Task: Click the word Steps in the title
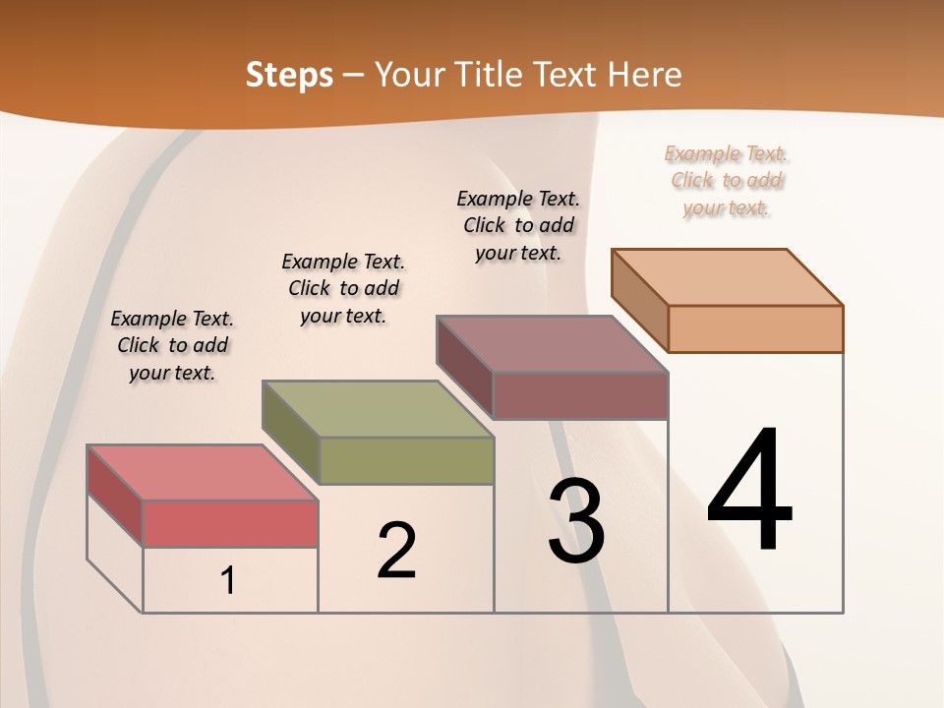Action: pos(288,75)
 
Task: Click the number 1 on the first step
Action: pos(228,581)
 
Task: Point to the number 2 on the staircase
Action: pos(396,551)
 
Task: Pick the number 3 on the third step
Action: pos(576,521)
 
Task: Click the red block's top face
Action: pos(202,472)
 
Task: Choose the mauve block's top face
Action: pos(551,344)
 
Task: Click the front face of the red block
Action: pos(230,523)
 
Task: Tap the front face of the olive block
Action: pos(406,460)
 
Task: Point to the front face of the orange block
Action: pos(755,328)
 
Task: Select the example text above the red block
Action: pos(172,345)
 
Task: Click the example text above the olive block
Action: pos(343,288)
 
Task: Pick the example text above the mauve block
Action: pos(518,225)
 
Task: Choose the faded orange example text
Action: pos(727,180)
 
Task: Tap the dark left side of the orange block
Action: pos(639,300)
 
